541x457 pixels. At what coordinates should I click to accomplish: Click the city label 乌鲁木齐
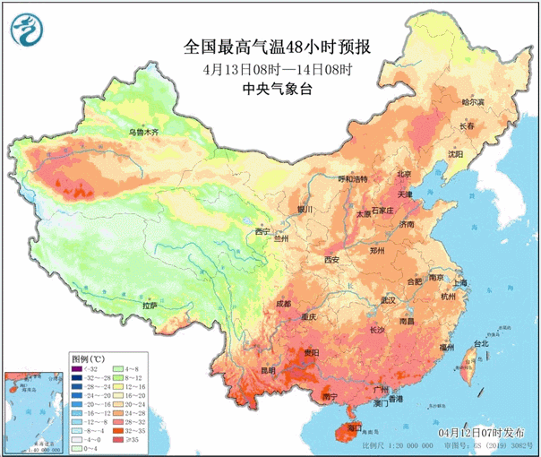(142, 133)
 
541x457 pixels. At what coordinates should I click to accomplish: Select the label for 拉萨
(150, 306)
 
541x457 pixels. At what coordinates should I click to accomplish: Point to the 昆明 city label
(244, 370)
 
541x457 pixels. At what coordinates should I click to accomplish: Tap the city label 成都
(283, 304)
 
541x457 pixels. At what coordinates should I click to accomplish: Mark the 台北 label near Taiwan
(480, 343)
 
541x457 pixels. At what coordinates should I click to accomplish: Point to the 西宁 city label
(262, 231)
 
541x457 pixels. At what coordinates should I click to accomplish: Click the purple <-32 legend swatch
(78, 369)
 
